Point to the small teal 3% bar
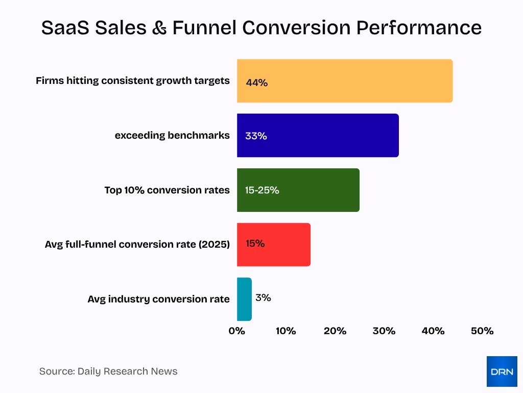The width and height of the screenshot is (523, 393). point(244,299)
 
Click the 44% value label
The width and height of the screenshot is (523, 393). point(256,82)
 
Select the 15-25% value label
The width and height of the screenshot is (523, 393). point(262,190)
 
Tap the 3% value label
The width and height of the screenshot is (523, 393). point(263,297)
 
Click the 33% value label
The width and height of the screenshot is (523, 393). point(256,137)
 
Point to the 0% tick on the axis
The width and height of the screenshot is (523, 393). point(237,331)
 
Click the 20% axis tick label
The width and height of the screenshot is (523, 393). point(335,331)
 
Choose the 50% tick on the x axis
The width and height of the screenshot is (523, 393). point(482,331)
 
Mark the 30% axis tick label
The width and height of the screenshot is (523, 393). point(384,331)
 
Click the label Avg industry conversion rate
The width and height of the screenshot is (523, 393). point(158,299)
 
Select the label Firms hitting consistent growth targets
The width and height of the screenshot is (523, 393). point(133,81)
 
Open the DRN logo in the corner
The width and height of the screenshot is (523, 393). point(502,372)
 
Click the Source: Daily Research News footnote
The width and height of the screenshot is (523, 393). point(108,372)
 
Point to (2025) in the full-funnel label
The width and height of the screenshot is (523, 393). point(215,245)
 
